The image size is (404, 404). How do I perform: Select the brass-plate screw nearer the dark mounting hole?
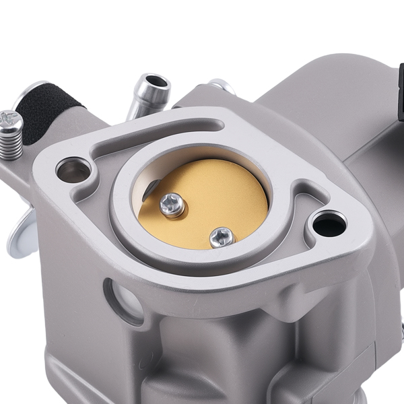[x=221, y=236]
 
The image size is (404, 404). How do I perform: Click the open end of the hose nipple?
[x=156, y=83]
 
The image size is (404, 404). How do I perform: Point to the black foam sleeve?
[x=47, y=111]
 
